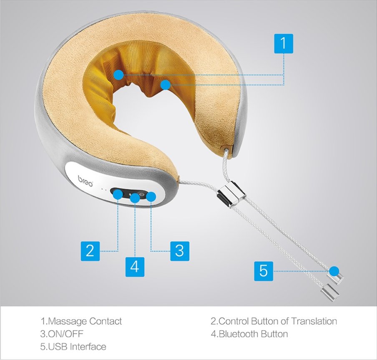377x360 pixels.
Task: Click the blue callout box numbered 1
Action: point(284,43)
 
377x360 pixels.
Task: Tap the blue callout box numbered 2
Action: point(90,251)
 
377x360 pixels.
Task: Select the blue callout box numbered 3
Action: point(180,251)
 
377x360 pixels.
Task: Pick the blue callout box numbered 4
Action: point(135,267)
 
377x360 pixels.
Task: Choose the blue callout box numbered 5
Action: point(264,271)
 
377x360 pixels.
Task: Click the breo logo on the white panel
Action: point(85,181)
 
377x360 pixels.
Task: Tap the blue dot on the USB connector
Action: point(334,271)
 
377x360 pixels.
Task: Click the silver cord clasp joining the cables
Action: point(231,194)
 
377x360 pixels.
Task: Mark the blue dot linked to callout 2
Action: point(118,194)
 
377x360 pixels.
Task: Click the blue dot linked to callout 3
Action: point(151,197)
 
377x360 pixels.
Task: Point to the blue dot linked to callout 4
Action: point(135,198)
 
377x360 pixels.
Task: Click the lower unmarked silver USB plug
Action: point(330,292)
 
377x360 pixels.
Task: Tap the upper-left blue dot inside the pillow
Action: point(118,75)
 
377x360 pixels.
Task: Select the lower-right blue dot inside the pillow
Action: point(166,85)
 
